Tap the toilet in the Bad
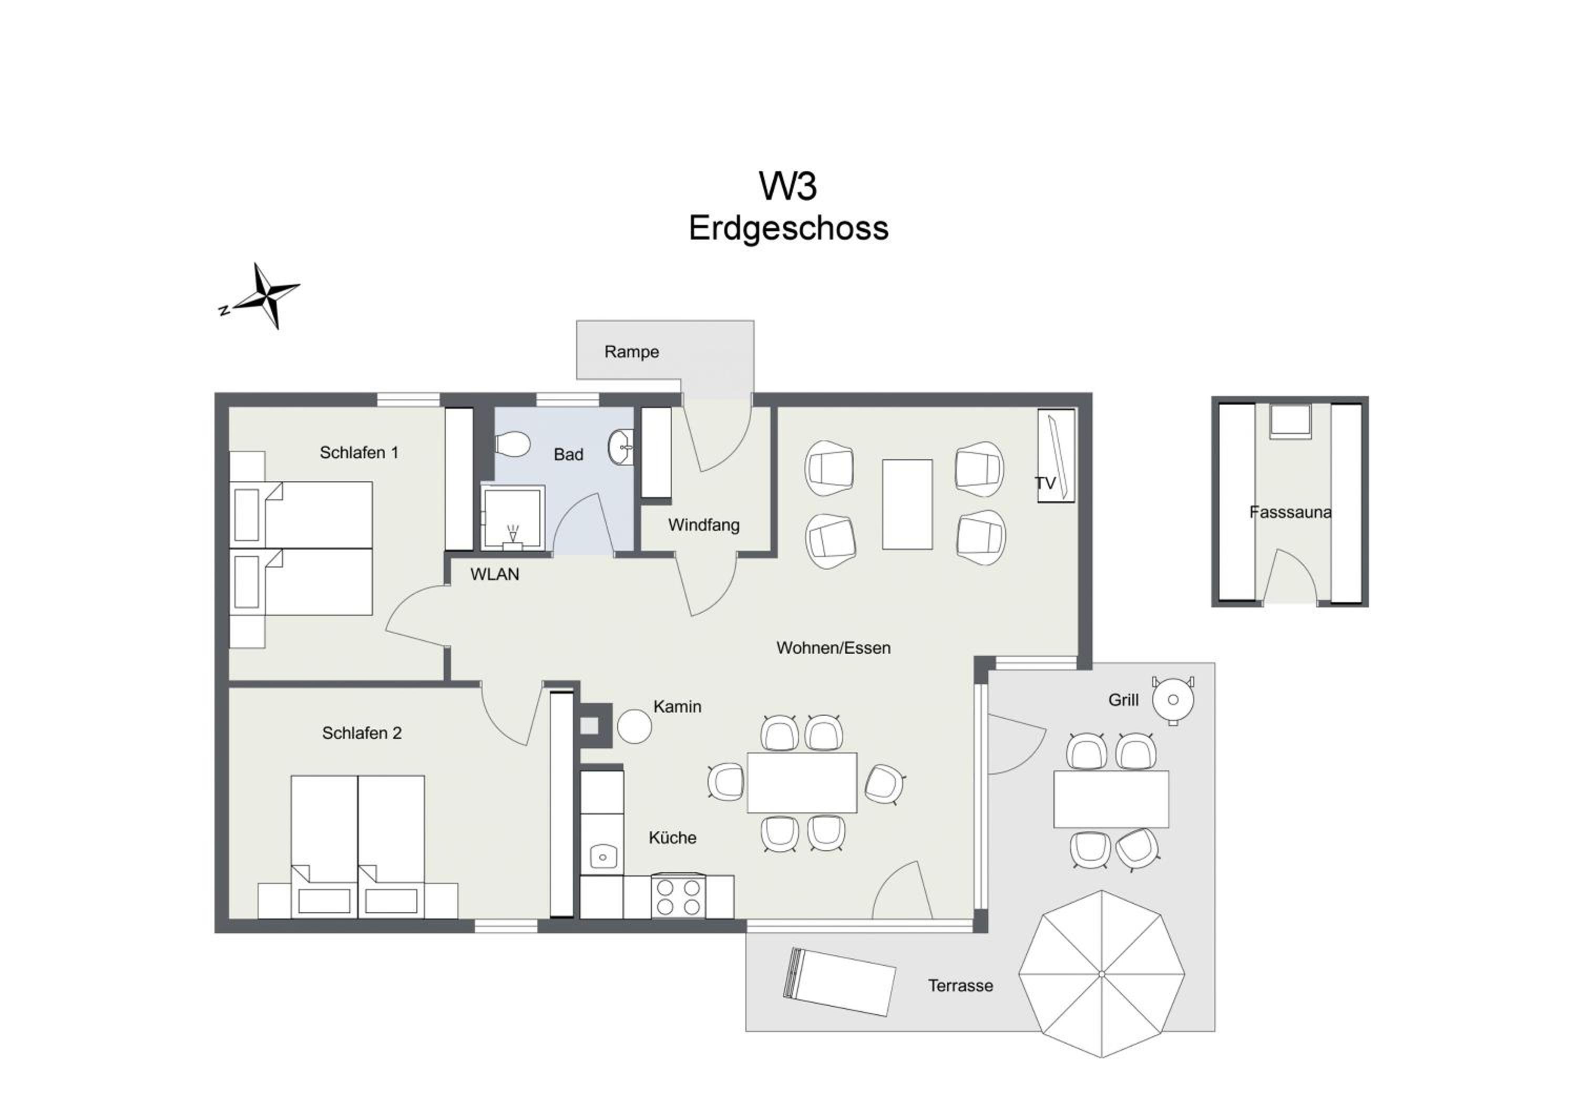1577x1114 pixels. point(513,443)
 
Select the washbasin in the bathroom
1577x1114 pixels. point(620,447)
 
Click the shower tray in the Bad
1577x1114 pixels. point(513,518)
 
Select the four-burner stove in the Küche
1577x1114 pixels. point(678,897)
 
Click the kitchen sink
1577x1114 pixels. point(602,856)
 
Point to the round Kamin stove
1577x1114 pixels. point(634,726)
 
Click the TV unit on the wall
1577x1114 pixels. point(1056,456)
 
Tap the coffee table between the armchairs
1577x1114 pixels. point(907,504)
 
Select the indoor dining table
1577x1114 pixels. point(802,782)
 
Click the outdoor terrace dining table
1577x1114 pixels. point(1111,799)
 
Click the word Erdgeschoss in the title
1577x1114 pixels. point(788,228)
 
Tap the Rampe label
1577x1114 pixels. point(631,352)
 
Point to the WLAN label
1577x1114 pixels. point(495,574)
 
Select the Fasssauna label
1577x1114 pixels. point(1290,512)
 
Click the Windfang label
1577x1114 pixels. point(704,525)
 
